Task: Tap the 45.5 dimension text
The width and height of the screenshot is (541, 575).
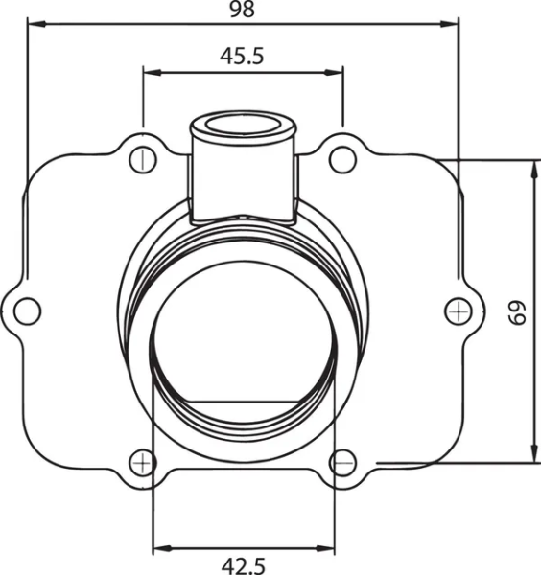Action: coord(242,56)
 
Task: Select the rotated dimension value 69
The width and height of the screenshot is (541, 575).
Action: coord(518,313)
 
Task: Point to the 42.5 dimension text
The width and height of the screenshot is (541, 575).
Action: coord(242,565)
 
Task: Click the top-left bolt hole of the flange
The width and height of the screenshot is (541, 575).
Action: coord(143,158)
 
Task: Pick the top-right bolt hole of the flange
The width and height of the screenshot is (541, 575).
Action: coord(341,158)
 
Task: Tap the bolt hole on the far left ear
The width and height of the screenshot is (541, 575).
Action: coord(27,310)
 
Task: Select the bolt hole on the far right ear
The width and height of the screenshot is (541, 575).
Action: coord(459,309)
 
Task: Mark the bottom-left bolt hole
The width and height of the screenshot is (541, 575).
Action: coord(143,462)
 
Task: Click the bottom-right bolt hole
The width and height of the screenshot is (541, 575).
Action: coord(342,462)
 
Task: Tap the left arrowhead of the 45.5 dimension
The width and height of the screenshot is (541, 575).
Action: coord(150,71)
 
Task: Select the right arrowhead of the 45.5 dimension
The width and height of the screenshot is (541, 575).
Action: coord(336,71)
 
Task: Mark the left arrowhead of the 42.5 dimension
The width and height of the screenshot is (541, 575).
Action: coord(160,548)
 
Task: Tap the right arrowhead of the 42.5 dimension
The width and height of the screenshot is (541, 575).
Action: coord(327,548)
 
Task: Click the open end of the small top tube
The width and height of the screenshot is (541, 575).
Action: coord(242,126)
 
